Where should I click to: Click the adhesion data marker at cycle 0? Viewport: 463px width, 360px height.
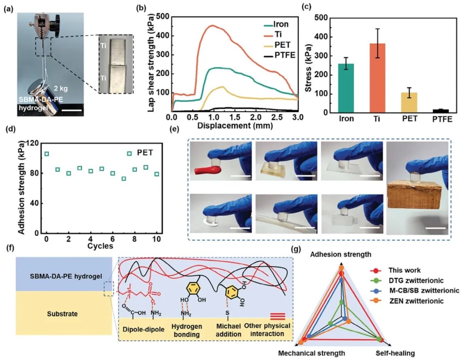(x=46, y=154)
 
